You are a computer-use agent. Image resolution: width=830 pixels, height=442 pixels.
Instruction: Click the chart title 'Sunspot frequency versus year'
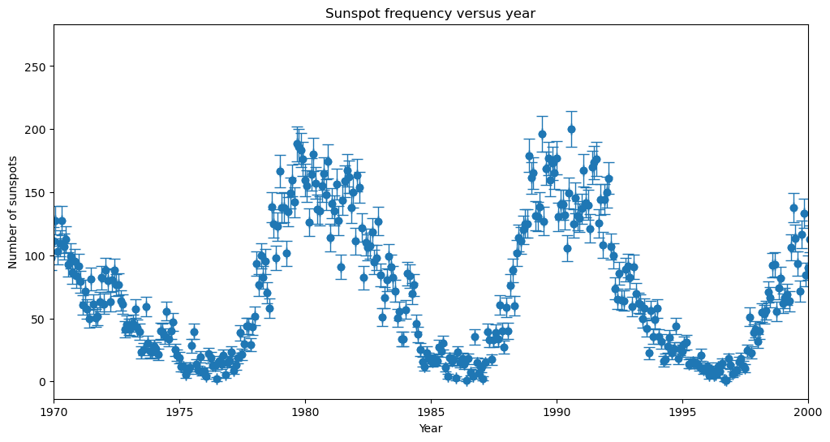point(430,13)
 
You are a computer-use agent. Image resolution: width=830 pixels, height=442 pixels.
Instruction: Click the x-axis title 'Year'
point(430,428)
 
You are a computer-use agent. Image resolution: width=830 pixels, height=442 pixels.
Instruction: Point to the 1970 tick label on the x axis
point(54,412)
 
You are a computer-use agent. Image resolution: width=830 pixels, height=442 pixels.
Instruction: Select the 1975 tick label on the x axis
point(179,412)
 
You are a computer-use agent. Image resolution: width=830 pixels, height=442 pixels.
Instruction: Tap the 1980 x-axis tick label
point(305,412)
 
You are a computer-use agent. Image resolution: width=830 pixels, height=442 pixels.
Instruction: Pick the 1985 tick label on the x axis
point(431,412)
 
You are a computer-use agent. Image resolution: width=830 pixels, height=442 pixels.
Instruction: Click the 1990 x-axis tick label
point(557,412)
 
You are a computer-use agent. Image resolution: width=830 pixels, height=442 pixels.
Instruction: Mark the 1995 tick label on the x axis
point(682,412)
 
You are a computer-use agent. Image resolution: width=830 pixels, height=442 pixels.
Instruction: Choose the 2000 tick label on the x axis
point(807,412)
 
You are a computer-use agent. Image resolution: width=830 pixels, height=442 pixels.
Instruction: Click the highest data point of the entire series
point(571,129)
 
